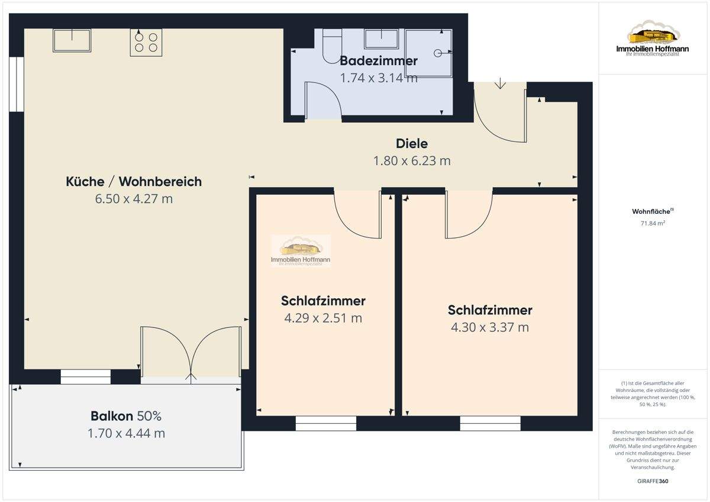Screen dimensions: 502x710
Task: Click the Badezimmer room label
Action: coord(378,60)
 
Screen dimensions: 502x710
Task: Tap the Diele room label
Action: coord(411,143)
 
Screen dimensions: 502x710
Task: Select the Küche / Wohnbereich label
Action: coord(134,182)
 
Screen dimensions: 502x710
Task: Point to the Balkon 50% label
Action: coord(126,416)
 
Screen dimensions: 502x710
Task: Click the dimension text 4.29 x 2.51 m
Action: coord(323,318)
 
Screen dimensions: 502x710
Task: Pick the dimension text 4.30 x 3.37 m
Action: coord(490,327)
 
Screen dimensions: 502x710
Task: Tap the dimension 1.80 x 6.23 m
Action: coord(411,160)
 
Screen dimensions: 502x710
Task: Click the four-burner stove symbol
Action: coord(146,42)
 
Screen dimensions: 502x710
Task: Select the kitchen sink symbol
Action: coord(72,40)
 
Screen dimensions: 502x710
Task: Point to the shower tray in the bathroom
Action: coord(429,53)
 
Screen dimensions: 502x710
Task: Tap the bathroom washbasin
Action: coord(381,39)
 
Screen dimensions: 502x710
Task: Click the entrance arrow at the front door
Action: coord(500,83)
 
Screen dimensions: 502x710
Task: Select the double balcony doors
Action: coord(191,352)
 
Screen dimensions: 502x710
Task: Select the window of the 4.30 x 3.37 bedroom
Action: coord(490,423)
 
